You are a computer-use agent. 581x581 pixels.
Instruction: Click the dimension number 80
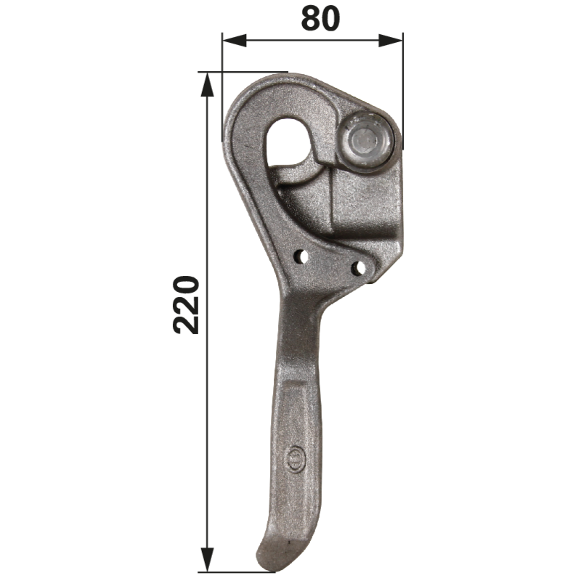320,19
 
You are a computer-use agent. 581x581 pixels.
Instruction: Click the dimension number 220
187,304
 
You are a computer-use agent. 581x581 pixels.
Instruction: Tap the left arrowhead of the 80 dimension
234,41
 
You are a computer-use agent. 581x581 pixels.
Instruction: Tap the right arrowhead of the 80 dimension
391,41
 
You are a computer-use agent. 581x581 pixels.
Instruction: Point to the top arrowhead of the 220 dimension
208,84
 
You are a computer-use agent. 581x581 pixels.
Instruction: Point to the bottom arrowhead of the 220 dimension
208,559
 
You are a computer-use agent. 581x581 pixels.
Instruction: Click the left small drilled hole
301,256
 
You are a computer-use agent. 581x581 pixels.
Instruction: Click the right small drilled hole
358,267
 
